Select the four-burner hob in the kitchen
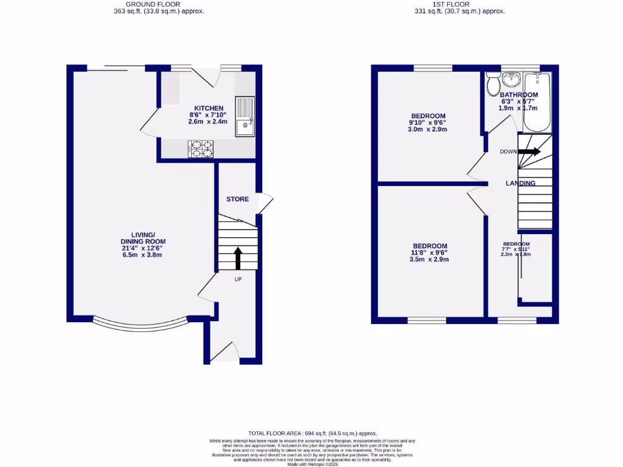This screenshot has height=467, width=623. (201, 148)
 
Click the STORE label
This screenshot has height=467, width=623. (237, 199)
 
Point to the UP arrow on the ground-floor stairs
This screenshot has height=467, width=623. (237, 257)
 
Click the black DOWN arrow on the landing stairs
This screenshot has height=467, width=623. (529, 151)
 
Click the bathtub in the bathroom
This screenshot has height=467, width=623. (537, 102)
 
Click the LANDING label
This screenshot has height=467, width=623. (521, 183)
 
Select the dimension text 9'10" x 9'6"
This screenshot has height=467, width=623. (428, 123)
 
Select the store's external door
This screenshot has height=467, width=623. (266, 202)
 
